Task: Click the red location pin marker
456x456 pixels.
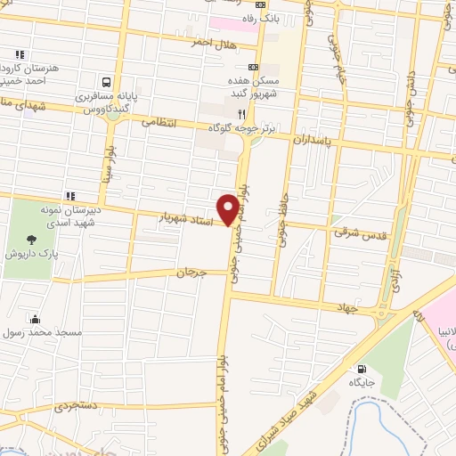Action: tap(231, 208)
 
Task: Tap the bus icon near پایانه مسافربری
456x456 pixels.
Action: tap(107, 79)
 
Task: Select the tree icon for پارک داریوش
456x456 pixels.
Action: tap(32, 239)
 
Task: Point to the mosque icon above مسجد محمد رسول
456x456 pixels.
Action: tap(35, 319)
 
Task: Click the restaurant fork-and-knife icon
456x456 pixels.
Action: tap(242, 114)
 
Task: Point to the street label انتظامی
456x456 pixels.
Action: tap(160, 121)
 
